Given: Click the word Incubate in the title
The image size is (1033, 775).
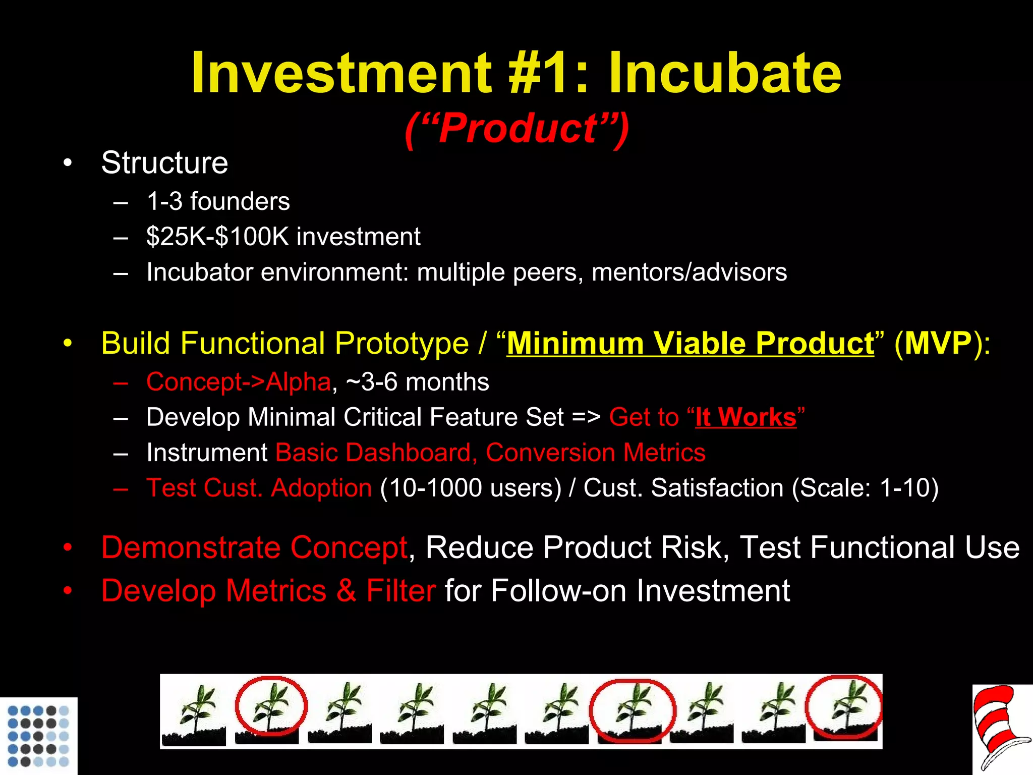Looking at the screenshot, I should click(724, 73).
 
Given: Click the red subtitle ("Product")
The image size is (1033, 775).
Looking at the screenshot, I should click(517, 129).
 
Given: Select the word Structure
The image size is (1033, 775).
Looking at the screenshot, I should click(164, 163).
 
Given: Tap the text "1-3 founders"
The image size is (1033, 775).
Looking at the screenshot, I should click(218, 201).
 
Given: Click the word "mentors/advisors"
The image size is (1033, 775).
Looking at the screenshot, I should click(689, 272).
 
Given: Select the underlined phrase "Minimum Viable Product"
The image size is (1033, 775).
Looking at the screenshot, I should click(690, 344).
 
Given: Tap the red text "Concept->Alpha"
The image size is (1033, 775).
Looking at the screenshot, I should click(238, 382).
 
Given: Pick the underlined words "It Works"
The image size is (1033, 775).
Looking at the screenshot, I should click(745, 418).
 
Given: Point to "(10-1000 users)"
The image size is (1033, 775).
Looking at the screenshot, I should click(470, 488).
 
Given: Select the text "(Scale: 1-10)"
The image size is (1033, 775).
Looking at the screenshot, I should click(865, 488).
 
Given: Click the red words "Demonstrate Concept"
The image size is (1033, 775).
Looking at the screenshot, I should click(254, 547).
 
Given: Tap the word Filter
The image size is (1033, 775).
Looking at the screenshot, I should click(400, 591).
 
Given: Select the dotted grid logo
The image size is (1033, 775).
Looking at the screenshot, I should click(38, 736).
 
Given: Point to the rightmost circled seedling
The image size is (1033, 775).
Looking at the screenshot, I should click(844, 709).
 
